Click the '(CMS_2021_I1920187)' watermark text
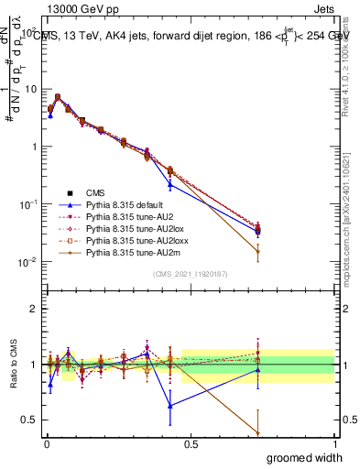(190, 273)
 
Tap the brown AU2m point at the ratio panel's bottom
(258, 433)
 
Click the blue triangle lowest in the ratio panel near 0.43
(170, 405)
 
